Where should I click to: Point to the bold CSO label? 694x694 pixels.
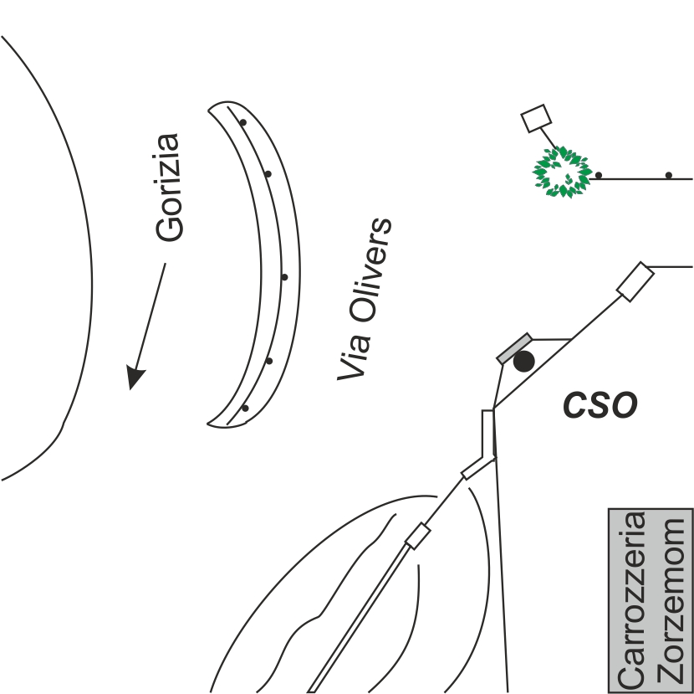(x=599, y=406)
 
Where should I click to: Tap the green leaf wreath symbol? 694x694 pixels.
(x=561, y=172)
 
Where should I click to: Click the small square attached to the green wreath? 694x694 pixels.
(x=536, y=118)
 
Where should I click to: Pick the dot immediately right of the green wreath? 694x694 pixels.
(x=599, y=175)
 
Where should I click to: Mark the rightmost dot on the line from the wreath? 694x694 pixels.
(x=669, y=175)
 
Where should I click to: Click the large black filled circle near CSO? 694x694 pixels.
(x=523, y=362)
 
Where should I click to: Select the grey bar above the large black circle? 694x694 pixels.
(x=513, y=348)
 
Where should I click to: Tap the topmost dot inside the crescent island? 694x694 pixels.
(x=242, y=122)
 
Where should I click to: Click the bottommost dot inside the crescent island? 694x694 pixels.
(x=245, y=409)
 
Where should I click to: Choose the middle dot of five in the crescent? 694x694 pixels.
(x=285, y=276)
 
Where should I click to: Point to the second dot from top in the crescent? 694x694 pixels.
(x=268, y=174)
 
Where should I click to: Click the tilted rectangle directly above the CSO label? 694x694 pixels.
(x=635, y=281)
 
